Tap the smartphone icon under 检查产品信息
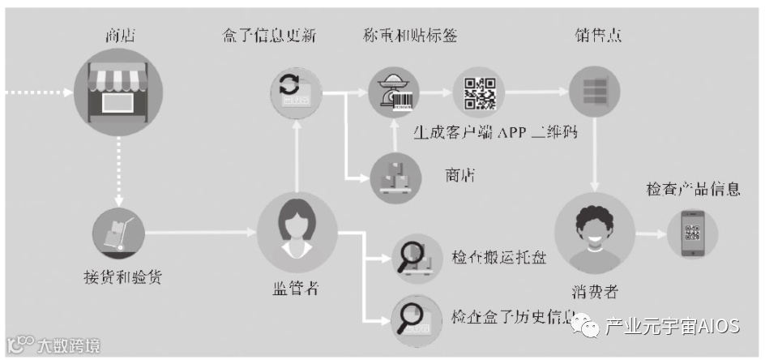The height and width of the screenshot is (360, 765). click(692, 234)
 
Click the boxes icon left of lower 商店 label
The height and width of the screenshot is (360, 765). click(395, 176)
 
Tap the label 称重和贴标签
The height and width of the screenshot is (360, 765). click(410, 35)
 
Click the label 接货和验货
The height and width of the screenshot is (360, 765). click(122, 276)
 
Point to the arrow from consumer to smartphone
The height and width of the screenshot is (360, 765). click(648, 234)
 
